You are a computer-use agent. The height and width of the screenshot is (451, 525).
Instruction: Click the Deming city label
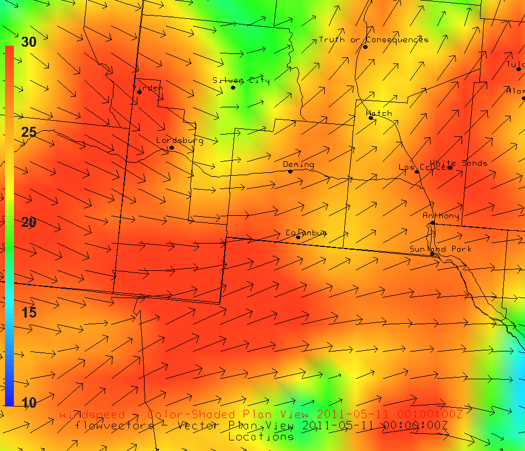click(298, 165)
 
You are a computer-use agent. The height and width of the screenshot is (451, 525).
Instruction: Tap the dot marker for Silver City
click(233, 87)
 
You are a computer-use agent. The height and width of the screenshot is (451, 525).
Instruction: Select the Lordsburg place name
click(179, 140)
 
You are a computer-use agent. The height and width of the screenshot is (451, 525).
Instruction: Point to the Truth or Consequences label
click(373, 39)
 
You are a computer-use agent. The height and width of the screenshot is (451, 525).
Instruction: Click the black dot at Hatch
click(371, 118)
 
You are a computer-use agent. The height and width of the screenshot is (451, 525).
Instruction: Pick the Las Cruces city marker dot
click(417, 171)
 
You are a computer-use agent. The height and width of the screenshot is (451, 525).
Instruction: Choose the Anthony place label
click(441, 216)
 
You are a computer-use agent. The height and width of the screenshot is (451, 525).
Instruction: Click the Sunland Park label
click(440, 249)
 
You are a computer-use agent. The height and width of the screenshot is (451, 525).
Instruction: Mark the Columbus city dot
click(298, 237)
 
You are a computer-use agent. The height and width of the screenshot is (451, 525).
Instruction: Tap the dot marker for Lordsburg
click(172, 147)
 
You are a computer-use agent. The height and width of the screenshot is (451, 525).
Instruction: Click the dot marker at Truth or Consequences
click(365, 47)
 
